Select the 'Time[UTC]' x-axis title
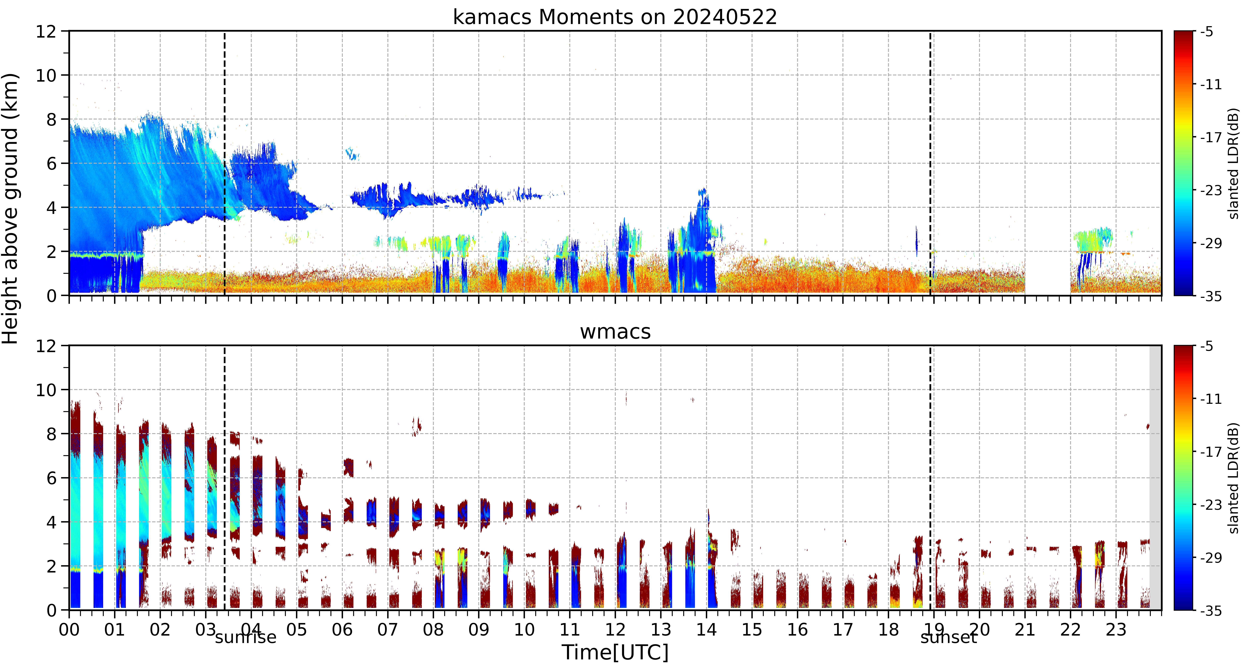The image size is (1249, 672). click(615, 652)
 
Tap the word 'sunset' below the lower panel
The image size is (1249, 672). click(948, 637)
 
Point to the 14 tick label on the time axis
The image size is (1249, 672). click(706, 630)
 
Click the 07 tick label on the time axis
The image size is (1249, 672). click(387, 630)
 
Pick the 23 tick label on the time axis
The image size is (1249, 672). click(1116, 630)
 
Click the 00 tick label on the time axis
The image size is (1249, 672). click(69, 630)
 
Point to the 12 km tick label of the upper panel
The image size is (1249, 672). click(46, 31)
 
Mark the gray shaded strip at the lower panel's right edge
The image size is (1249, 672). click(1155, 478)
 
